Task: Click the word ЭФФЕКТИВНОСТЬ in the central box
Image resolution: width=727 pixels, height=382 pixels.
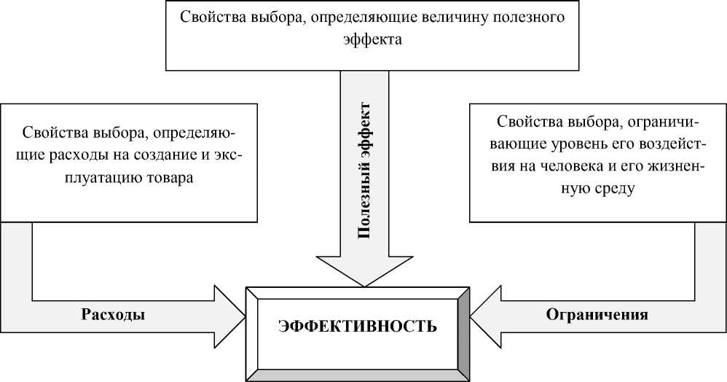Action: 358,326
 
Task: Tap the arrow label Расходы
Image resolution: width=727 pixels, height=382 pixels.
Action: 112,315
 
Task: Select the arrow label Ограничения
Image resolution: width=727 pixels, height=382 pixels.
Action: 597,315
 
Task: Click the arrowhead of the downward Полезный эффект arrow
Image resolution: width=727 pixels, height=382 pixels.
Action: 364,269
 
